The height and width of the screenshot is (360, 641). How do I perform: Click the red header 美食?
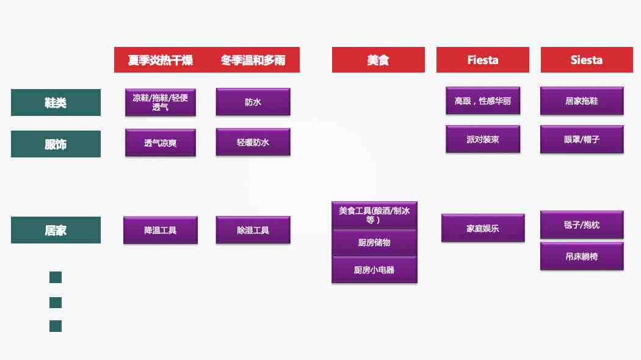378,60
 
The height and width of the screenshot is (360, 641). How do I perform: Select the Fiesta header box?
483,60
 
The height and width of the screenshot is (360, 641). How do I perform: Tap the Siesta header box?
587,60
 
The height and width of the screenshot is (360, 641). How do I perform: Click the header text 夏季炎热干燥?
160,60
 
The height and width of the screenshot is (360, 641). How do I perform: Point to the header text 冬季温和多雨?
253,60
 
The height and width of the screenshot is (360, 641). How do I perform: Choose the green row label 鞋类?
56,103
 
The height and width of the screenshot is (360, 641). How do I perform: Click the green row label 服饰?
56,144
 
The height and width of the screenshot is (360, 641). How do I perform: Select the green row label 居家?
56,230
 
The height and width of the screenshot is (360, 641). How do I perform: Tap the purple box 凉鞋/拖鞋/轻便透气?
160,102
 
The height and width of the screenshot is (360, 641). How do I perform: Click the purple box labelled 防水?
253,102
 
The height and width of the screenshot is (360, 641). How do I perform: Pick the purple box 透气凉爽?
160,143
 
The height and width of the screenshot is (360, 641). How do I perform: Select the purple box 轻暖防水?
253,142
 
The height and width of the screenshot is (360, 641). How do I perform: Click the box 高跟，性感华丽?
483,101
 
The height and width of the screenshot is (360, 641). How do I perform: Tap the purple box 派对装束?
483,139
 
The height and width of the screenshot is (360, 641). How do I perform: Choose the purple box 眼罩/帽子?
582,139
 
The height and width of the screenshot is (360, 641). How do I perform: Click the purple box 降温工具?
160,230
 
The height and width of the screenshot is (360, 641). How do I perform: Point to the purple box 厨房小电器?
374,270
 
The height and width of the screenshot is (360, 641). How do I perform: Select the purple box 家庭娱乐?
483,228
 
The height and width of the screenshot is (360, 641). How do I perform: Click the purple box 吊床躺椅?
582,256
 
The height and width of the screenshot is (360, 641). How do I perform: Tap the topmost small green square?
56,278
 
